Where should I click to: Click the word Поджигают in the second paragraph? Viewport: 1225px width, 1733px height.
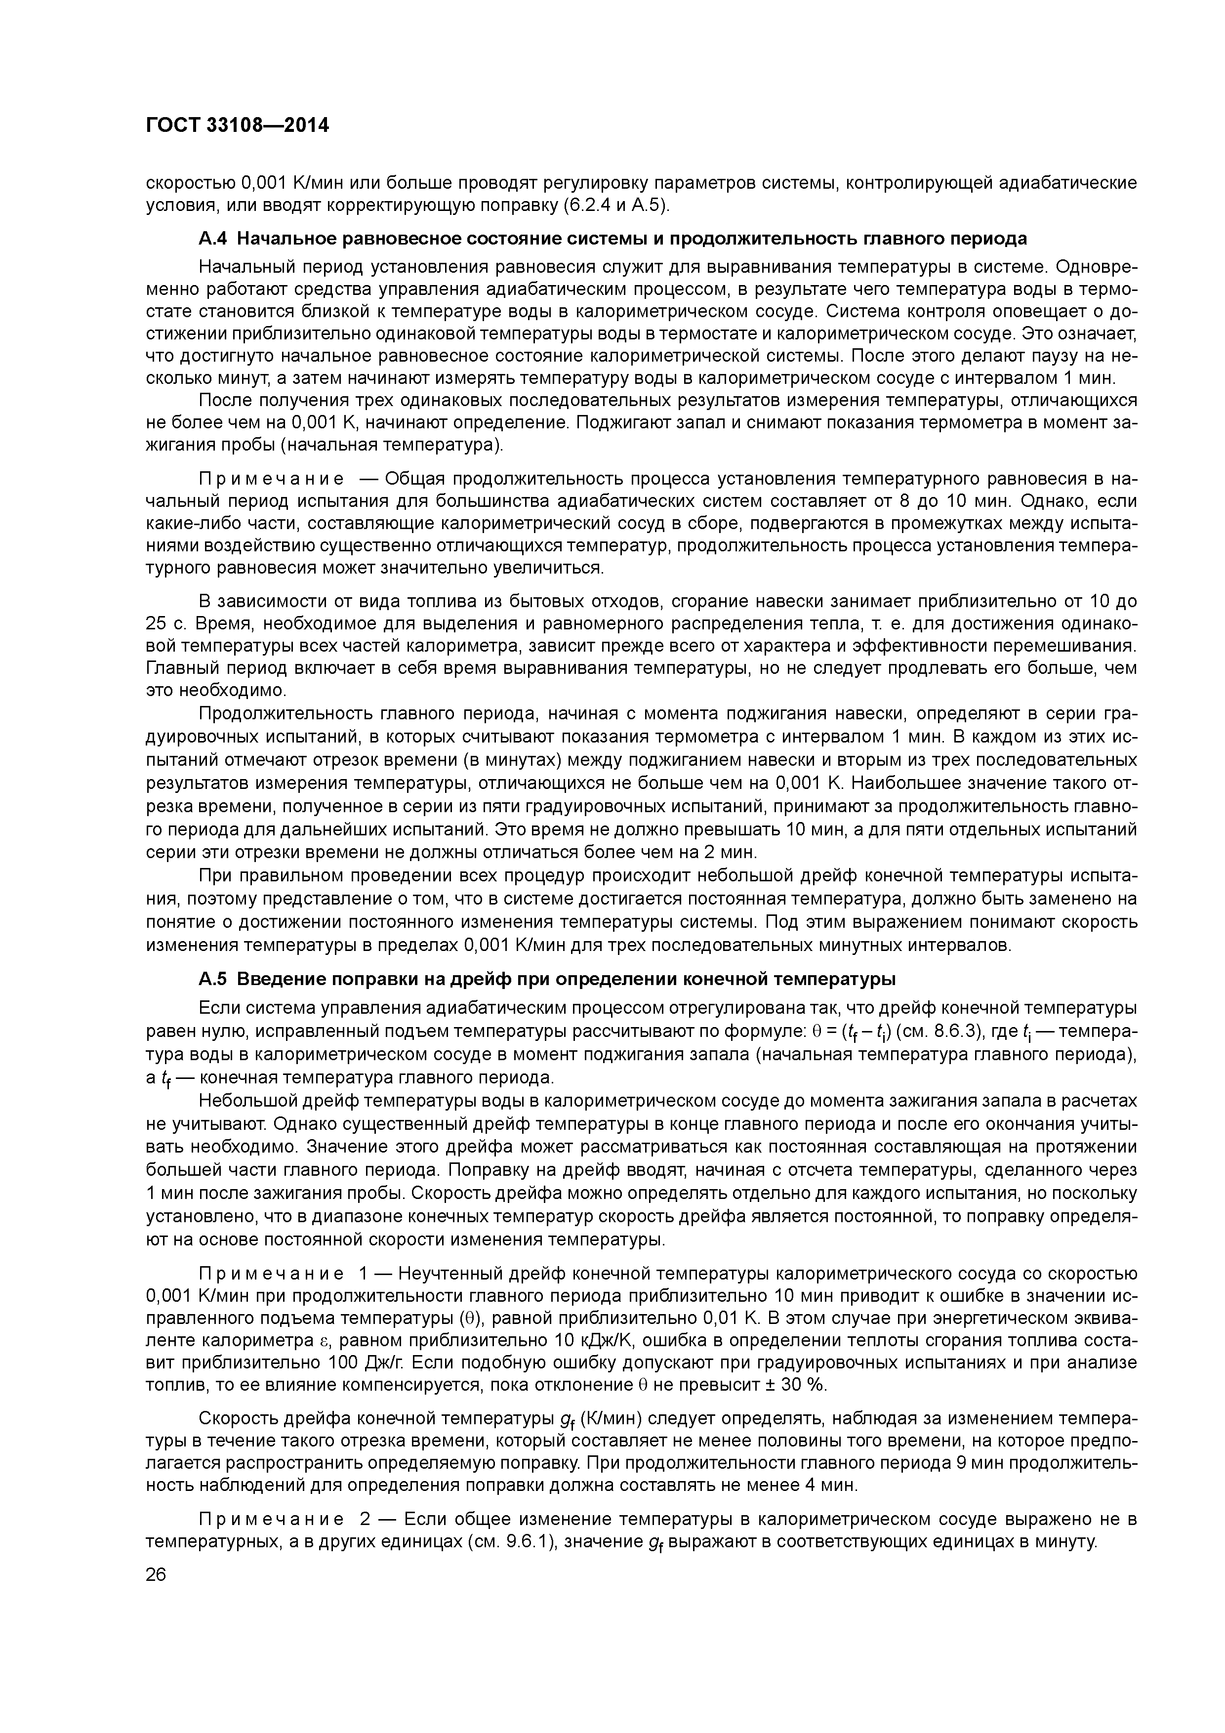click(x=616, y=423)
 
